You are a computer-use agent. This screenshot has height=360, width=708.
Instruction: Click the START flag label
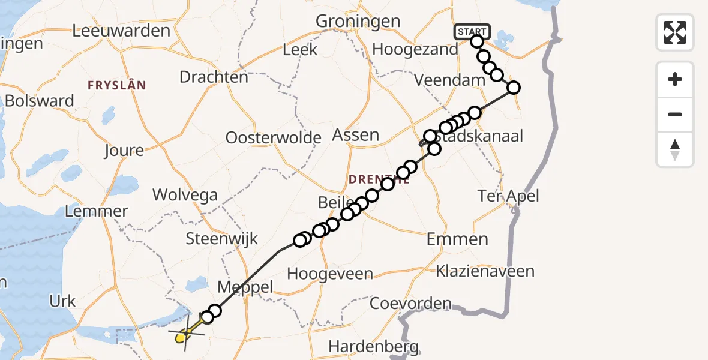[x=472, y=31]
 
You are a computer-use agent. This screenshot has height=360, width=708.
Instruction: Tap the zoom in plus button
[x=675, y=80]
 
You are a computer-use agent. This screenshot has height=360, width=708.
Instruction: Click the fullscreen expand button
[x=675, y=32]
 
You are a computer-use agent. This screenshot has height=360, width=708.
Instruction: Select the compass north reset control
[x=675, y=149]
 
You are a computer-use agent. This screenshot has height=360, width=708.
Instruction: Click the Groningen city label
[x=358, y=21]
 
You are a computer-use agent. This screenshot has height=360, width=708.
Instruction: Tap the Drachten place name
[x=214, y=77]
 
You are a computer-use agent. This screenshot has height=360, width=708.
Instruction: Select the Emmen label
[x=457, y=239]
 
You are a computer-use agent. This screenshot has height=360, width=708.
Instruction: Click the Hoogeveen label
[x=330, y=274]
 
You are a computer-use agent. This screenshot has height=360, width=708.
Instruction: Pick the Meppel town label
[x=245, y=287]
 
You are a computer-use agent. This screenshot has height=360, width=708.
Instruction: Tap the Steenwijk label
[x=222, y=238]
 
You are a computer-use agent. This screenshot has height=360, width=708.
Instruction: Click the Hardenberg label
[x=373, y=346]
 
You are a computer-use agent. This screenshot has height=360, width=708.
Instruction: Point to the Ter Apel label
[x=508, y=195]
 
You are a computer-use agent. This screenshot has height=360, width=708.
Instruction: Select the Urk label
[x=63, y=301]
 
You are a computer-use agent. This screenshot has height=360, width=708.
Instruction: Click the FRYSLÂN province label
[x=116, y=85]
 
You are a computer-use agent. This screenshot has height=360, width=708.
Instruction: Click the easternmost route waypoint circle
[x=513, y=88]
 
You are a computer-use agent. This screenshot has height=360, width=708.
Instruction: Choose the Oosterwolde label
[x=274, y=137]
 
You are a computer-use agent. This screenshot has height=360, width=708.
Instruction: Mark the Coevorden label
[x=410, y=303]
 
